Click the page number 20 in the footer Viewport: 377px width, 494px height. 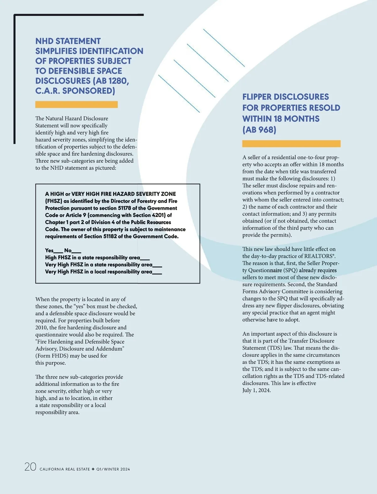tap(30, 467)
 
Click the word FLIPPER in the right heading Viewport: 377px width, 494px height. tap(260, 97)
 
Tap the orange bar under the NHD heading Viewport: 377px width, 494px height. tap(76, 104)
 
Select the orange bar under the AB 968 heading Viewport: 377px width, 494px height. tap(291, 144)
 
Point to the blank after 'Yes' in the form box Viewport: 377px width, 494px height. tap(58, 251)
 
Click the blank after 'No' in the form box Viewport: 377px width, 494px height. tap(77, 251)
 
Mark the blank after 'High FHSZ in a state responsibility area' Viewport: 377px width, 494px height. tap(145, 258)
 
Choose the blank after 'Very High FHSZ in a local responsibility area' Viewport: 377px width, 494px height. tap(157, 273)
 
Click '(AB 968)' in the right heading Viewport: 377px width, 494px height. tap(259, 130)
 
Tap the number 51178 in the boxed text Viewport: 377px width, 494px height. tap(124, 208)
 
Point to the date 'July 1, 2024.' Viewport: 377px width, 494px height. tap(256, 390)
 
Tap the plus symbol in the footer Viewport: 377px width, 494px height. tap(93, 469)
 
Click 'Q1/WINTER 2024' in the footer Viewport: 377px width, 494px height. tap(113, 469)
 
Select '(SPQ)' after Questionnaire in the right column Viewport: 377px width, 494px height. tap(290, 270)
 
